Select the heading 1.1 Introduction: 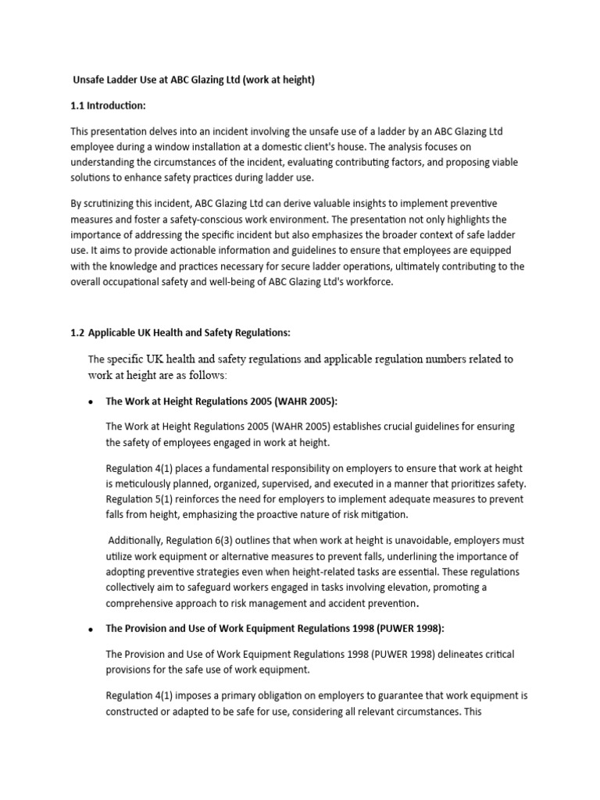[109, 105]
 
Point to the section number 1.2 [77, 333]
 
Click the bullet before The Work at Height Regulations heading [91, 402]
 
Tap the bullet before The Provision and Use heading [91, 629]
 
